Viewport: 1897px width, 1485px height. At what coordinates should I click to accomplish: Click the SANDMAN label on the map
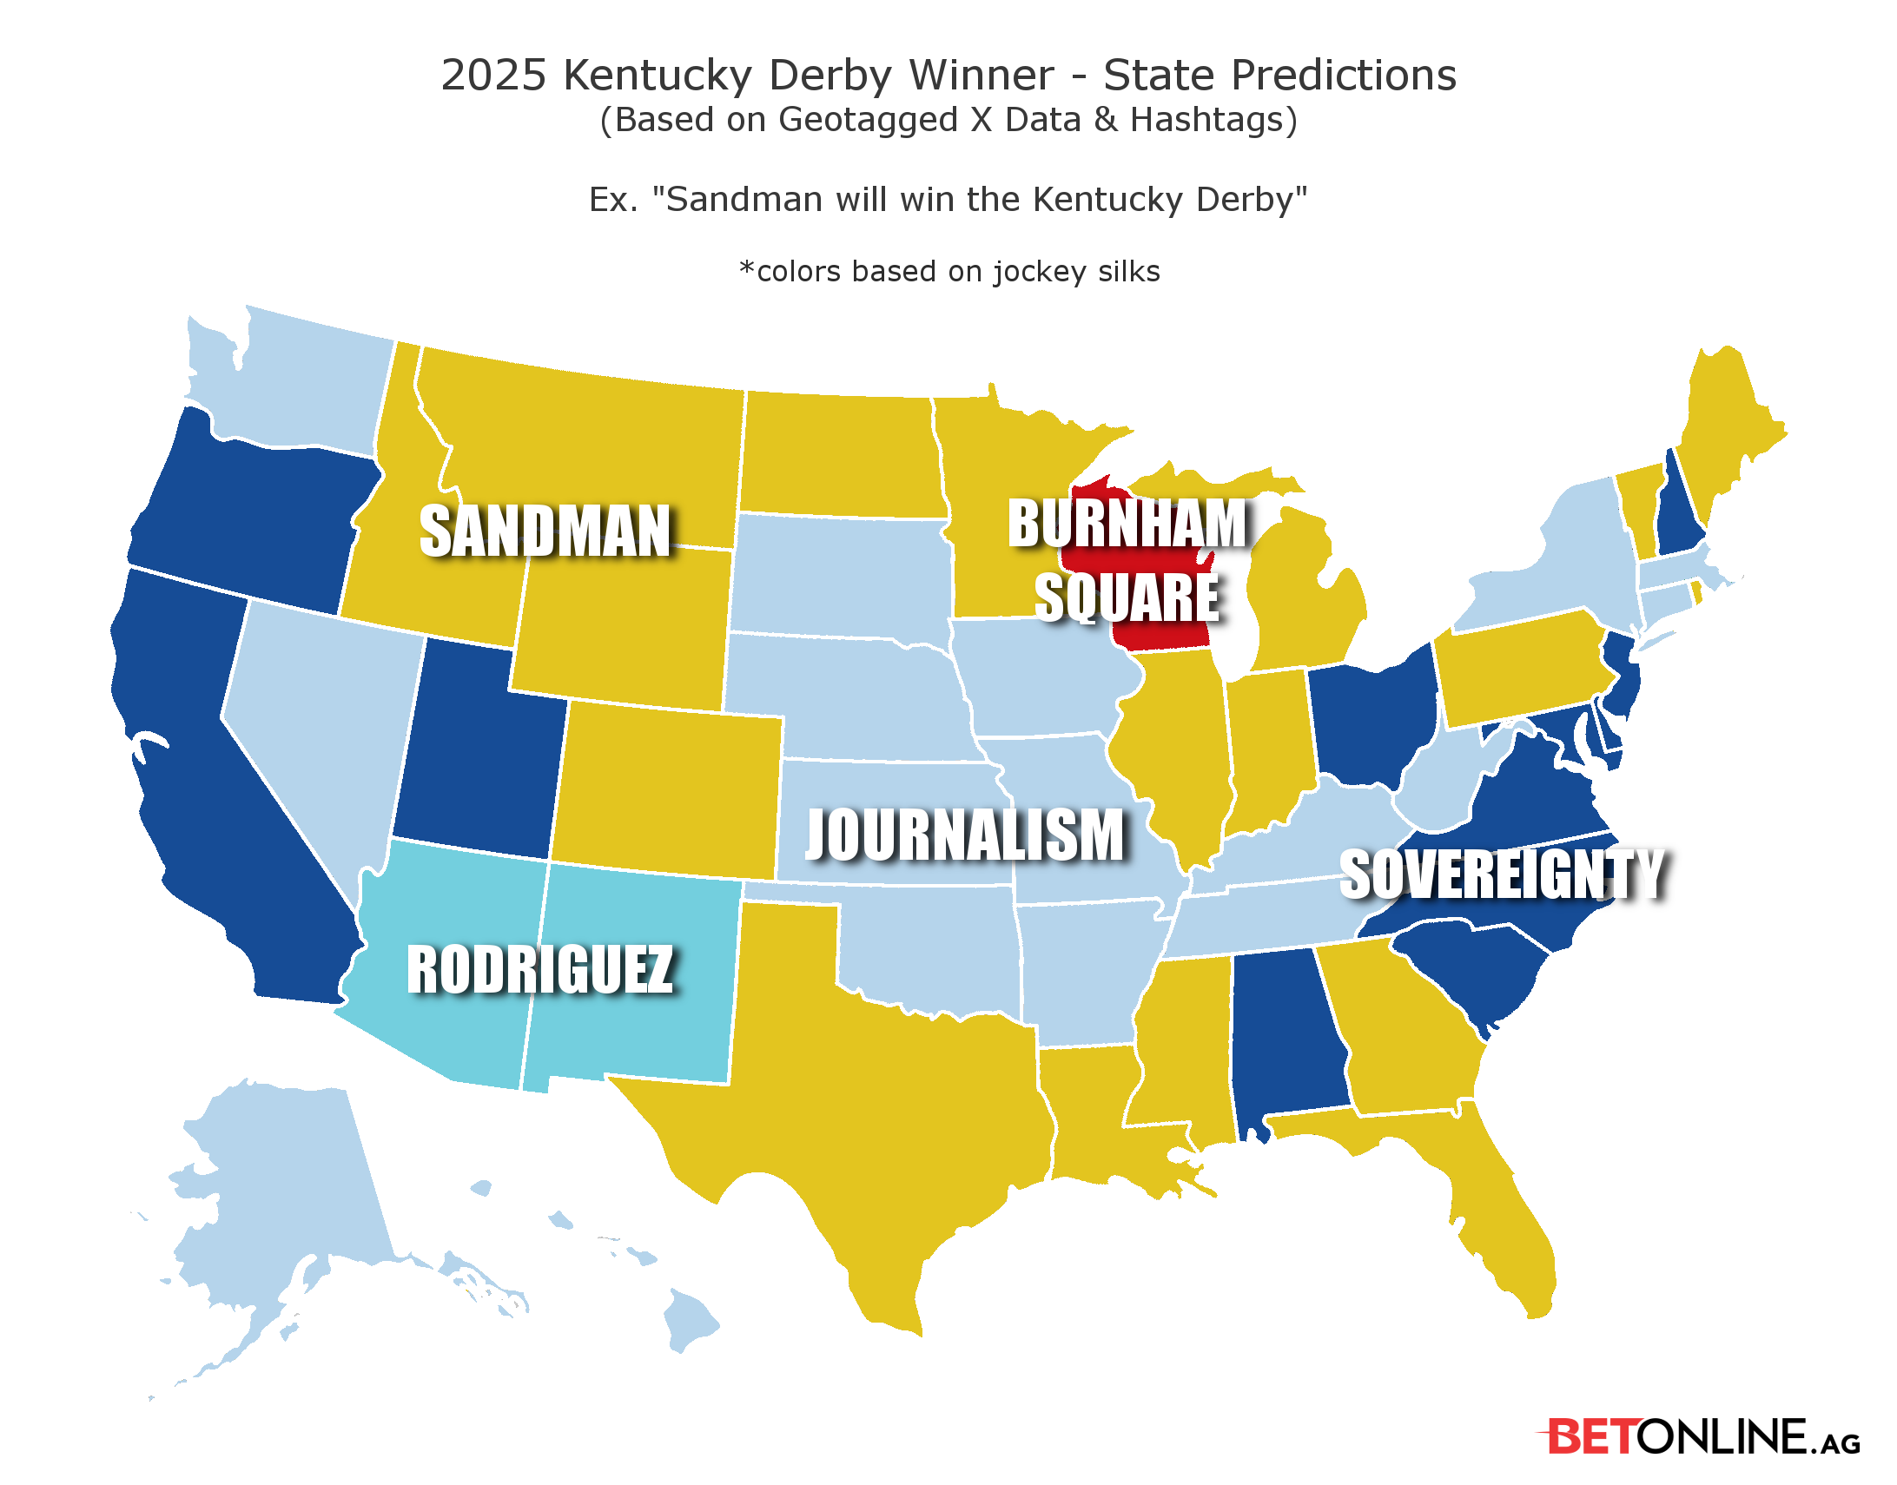point(545,531)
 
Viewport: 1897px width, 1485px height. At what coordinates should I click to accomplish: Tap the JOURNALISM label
point(965,835)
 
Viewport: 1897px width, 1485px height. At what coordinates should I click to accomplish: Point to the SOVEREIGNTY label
point(1503,874)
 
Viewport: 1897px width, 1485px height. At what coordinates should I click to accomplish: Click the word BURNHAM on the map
point(1128,524)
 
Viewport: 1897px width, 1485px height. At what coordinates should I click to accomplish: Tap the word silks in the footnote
point(1128,271)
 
